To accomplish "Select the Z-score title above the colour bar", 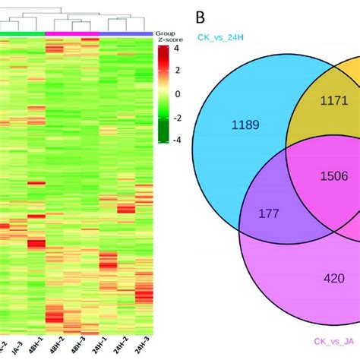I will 166,41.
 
